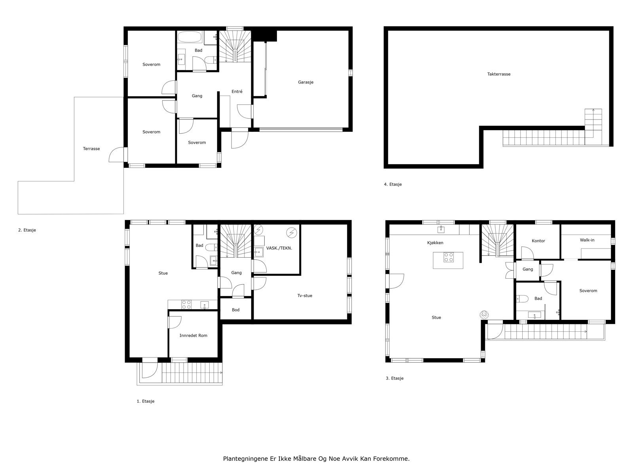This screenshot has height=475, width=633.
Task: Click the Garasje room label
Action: (305, 82)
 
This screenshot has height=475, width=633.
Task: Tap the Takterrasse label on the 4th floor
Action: (498, 74)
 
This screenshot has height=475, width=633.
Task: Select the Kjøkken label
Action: (435, 243)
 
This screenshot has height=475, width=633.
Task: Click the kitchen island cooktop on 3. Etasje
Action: (448, 257)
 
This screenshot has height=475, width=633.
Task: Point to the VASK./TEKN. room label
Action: (279, 248)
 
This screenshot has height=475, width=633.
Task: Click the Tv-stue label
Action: (305, 296)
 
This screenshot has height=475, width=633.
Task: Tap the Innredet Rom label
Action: (193, 335)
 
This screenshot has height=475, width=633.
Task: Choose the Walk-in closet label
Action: (587, 240)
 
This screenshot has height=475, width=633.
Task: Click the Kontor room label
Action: (538, 241)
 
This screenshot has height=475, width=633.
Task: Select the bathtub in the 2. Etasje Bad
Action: (190, 37)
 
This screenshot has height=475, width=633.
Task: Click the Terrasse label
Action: (91, 149)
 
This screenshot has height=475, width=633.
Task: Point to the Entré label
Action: (237, 91)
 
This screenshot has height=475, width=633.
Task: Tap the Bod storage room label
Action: (235, 310)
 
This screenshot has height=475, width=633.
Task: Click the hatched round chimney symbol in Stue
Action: (483, 315)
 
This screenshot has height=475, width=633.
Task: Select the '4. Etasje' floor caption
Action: (392, 184)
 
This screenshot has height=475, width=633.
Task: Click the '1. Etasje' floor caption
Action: (145, 401)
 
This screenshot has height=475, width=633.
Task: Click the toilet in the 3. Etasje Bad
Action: (522, 299)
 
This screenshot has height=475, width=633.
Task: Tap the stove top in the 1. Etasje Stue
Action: (186, 304)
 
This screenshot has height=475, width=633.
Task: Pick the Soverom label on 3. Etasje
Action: (588, 291)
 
